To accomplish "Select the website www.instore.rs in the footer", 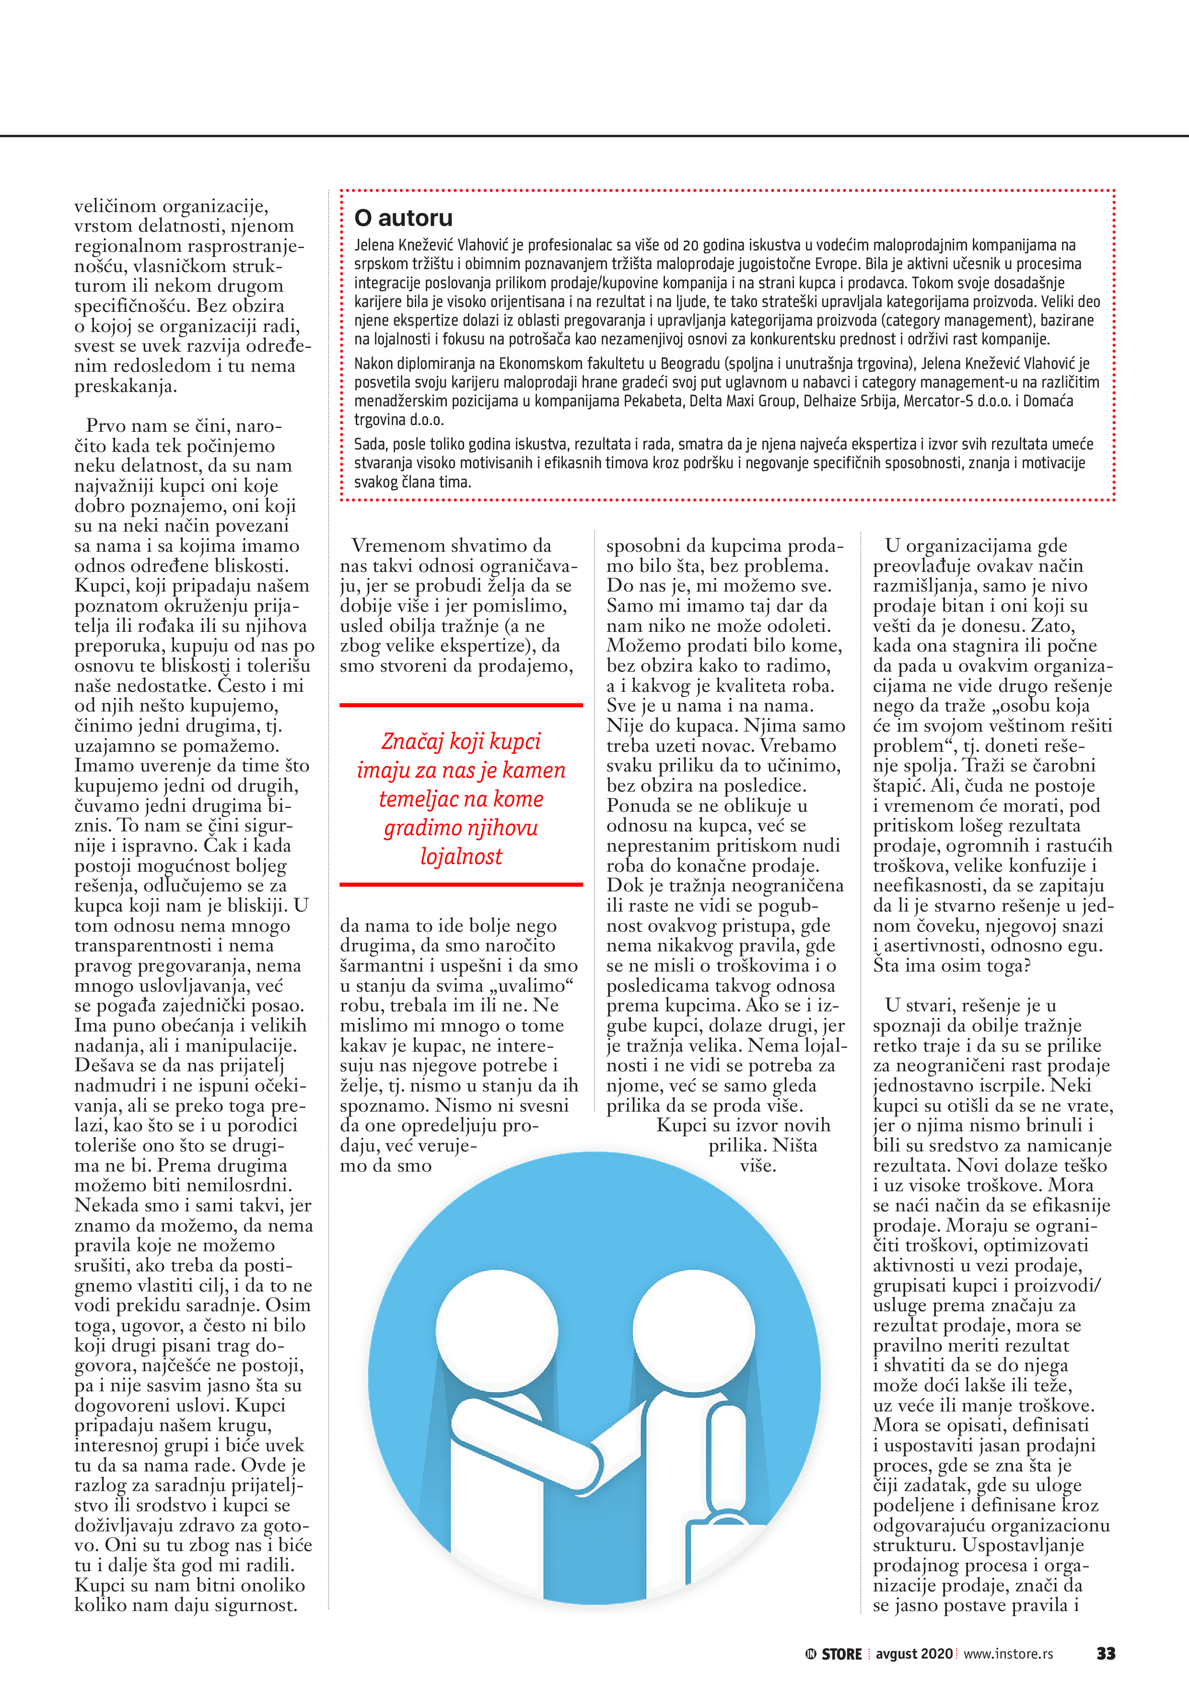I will [1008, 1654].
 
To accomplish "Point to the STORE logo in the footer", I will [834, 1654].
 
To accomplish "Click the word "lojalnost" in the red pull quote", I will [461, 856].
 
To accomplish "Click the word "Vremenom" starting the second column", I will [396, 545].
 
